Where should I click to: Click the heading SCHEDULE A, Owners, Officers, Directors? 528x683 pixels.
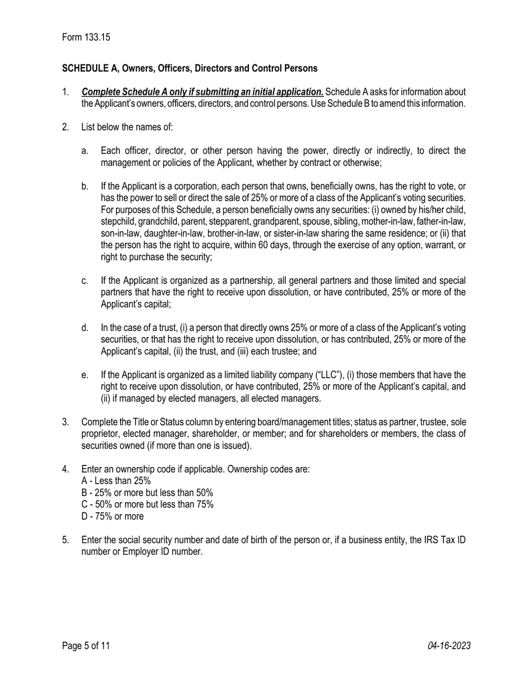coord(190,68)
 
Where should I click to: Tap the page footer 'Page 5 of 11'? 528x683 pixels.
coord(86,646)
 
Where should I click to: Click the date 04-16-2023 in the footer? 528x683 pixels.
coord(449,646)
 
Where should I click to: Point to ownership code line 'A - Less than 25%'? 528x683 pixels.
coord(116,481)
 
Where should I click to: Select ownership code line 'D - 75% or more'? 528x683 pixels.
coord(112,516)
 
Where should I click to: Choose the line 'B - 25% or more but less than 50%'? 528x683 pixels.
coord(147,493)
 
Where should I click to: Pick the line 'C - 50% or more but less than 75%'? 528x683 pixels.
coord(147,504)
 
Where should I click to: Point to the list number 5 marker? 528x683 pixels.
coord(66,540)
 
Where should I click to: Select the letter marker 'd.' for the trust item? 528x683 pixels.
coord(84,328)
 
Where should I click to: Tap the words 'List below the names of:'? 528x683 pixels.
coord(127,127)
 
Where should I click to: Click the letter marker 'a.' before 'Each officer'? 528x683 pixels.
coord(84,151)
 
